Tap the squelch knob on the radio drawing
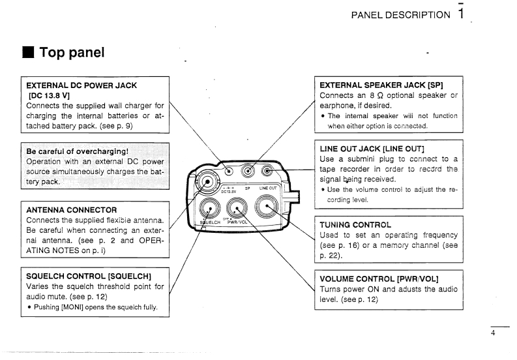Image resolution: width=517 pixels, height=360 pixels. click(x=210, y=209)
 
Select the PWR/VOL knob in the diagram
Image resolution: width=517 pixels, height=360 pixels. click(x=239, y=209)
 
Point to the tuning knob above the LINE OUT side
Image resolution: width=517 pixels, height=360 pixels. click(x=268, y=208)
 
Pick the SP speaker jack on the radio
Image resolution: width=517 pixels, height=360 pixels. click(x=248, y=172)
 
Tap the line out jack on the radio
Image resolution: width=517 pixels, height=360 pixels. click(x=267, y=172)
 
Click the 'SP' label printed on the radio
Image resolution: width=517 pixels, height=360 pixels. click(x=248, y=188)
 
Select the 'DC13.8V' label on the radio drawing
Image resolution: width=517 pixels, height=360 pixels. click(x=228, y=192)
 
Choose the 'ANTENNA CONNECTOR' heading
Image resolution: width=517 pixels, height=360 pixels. click(x=72, y=210)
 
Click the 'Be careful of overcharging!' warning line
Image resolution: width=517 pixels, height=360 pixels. click(x=76, y=151)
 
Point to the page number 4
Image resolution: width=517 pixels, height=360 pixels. click(x=494, y=333)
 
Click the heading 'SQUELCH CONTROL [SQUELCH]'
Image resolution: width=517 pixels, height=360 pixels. click(x=89, y=276)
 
